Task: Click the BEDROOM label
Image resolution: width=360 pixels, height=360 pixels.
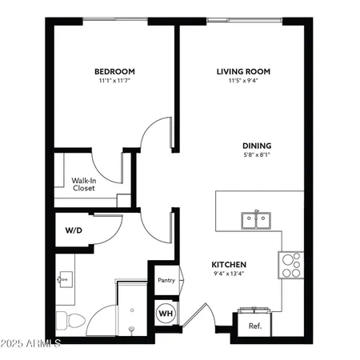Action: point(114,71)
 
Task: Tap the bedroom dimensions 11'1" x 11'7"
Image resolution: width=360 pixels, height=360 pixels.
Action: point(114,81)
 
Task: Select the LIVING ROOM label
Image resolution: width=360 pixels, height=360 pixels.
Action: point(243,71)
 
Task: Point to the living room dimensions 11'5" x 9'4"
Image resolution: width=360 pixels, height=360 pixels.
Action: point(243,81)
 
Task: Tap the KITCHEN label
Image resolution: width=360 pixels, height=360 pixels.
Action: point(228,265)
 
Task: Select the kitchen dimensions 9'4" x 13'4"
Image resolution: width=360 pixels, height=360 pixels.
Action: point(228,274)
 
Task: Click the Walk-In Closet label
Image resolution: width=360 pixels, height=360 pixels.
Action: point(84,185)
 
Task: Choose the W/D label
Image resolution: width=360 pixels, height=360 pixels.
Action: point(73,230)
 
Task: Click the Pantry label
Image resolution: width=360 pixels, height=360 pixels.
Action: point(166,281)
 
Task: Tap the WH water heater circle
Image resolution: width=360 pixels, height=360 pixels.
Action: point(166,311)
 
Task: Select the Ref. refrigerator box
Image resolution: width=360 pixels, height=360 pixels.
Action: point(255,326)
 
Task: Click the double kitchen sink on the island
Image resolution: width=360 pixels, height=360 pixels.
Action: point(256,218)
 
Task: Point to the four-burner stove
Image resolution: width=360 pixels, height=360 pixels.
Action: point(290,265)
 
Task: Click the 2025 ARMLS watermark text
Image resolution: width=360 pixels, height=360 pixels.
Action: point(32,346)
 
